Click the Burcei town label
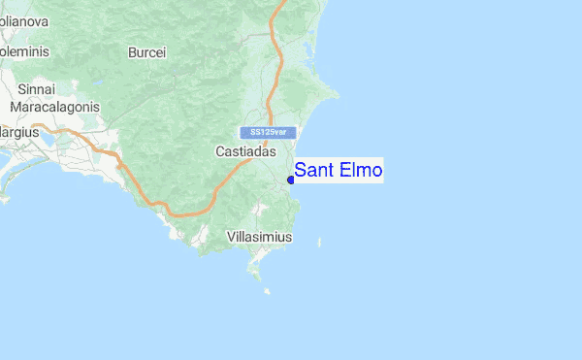click(x=146, y=52)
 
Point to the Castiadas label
click(x=244, y=152)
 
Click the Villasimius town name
click(x=259, y=237)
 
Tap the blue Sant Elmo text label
click(x=339, y=171)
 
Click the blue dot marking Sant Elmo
click(x=291, y=180)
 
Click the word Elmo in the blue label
click(x=362, y=171)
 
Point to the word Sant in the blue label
click(x=314, y=171)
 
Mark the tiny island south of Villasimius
click(x=265, y=290)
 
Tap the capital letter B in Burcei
click(x=132, y=52)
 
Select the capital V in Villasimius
click(x=230, y=237)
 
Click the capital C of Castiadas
click(x=218, y=152)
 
